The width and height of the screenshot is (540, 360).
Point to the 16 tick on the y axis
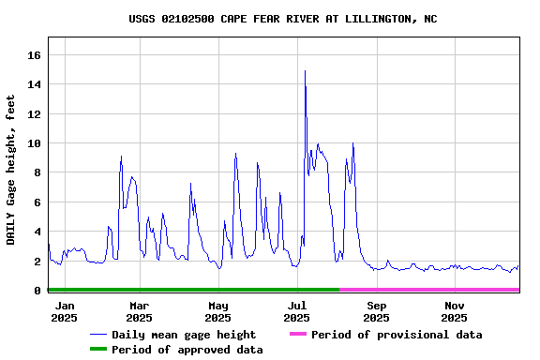pos(35,55)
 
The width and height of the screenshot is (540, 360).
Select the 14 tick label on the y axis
pos(35,84)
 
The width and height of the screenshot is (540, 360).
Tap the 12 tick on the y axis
pos(35,114)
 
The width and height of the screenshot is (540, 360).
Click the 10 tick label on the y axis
pos(35,143)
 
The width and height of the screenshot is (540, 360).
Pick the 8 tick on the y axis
pos(37,172)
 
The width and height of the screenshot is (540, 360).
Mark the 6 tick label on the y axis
pos(37,202)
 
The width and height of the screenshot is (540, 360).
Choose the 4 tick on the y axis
pos(37,232)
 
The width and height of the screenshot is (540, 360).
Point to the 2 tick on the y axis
pos(37,262)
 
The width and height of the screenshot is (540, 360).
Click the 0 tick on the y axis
pos(37,291)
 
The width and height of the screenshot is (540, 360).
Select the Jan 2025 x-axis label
pos(64,311)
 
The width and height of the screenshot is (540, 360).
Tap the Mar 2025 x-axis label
pos(139,311)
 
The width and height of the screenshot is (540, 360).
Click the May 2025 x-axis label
pos(218,311)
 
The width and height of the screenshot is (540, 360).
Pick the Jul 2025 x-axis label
pos(297,311)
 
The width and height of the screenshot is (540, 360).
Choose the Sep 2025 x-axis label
pos(377,311)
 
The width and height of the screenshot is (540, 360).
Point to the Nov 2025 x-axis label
pos(455,311)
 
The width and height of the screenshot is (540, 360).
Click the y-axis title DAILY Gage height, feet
pos(11,170)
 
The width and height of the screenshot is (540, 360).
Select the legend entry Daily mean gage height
pos(183,335)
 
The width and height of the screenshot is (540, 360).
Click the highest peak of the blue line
pos(305,71)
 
